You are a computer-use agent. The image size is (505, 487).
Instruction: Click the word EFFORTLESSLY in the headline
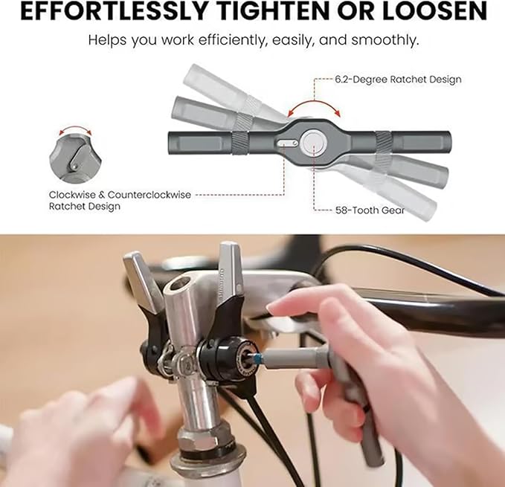[x=113, y=11]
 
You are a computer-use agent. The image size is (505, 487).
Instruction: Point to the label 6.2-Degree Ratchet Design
[x=398, y=80]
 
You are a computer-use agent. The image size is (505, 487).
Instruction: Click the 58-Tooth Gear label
[x=370, y=210]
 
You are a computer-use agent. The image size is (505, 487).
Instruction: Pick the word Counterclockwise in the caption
[x=149, y=195]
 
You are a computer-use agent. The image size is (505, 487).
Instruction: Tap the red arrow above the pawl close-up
[x=75, y=129]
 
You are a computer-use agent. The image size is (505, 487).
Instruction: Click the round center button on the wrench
[x=314, y=143]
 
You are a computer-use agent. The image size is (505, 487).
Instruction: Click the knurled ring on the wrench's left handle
[x=239, y=143]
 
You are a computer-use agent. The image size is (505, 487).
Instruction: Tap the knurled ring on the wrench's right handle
[x=384, y=143]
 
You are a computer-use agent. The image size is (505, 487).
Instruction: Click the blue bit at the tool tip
[x=257, y=358]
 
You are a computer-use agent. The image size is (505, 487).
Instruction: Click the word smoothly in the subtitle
[x=385, y=40]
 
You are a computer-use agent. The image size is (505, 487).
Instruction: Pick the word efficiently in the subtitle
[x=234, y=40]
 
